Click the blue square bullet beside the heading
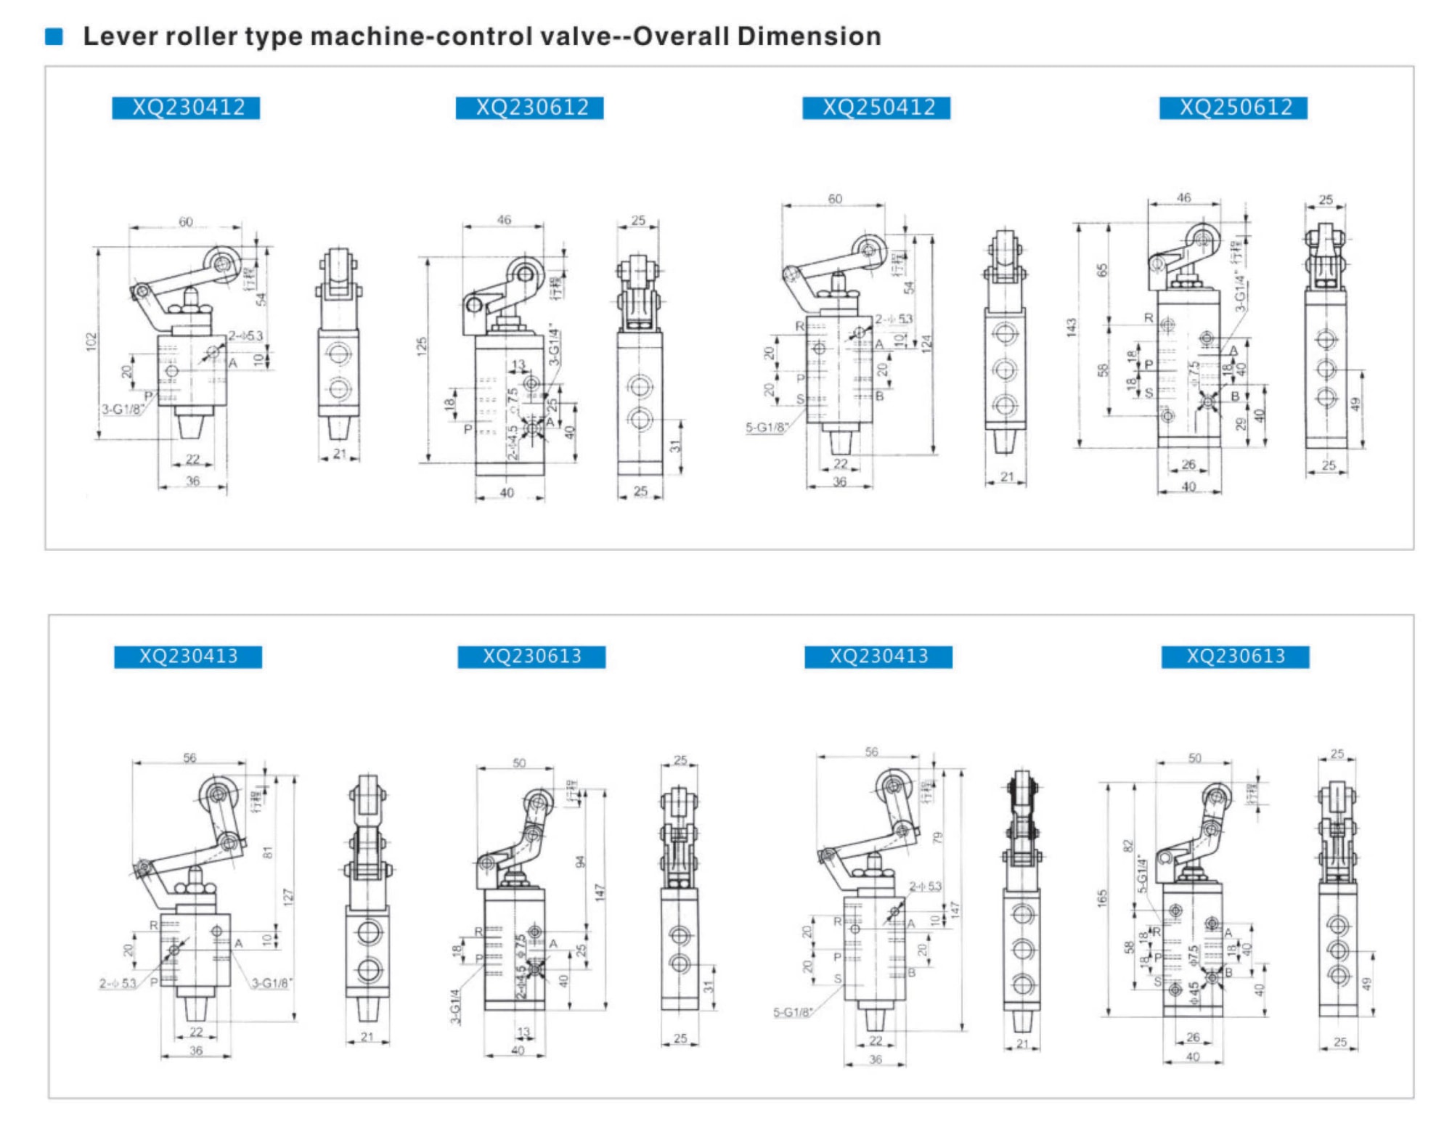click(x=54, y=36)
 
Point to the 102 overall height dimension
click(x=90, y=342)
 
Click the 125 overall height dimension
click(x=422, y=346)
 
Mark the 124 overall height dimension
click(x=926, y=343)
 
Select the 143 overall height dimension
click(x=1072, y=327)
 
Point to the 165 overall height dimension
click(x=1102, y=898)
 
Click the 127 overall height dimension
click(x=288, y=897)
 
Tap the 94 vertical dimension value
click(x=579, y=862)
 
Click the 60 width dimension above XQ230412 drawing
click(x=186, y=222)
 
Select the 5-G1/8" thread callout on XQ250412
click(x=767, y=427)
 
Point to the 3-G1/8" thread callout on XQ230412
click(x=122, y=409)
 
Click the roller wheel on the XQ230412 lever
click(x=221, y=262)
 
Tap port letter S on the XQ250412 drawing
click(x=800, y=399)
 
